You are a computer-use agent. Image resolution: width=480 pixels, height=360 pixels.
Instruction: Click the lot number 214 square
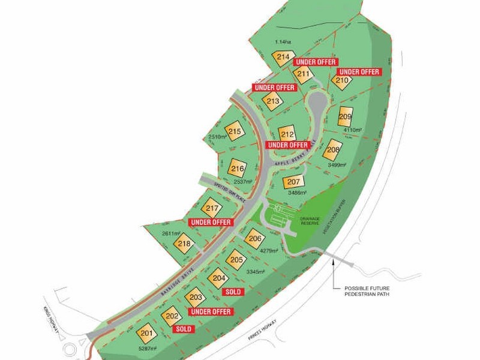(283, 58)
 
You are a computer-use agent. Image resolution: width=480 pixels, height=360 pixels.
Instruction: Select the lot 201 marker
(146, 333)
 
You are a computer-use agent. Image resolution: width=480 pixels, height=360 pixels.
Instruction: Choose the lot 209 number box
(345, 116)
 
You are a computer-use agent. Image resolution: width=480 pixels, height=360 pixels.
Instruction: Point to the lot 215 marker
(235, 131)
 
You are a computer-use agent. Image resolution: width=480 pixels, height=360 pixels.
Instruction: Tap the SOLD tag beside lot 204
(233, 292)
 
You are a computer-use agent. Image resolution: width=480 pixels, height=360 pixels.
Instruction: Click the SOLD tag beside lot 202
(183, 329)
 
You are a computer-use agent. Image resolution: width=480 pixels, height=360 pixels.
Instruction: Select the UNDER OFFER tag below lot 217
(210, 223)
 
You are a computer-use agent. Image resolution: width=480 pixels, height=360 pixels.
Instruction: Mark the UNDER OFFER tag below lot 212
(288, 145)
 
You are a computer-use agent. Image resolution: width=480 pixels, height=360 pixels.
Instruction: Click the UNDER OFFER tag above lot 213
(274, 88)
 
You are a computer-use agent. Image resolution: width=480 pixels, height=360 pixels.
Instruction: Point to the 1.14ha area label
(283, 41)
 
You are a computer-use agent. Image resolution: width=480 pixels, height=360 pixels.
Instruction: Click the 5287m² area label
(148, 349)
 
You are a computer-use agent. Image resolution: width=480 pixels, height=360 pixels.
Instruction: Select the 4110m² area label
(353, 130)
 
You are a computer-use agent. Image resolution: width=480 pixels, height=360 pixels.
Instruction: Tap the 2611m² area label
(172, 233)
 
